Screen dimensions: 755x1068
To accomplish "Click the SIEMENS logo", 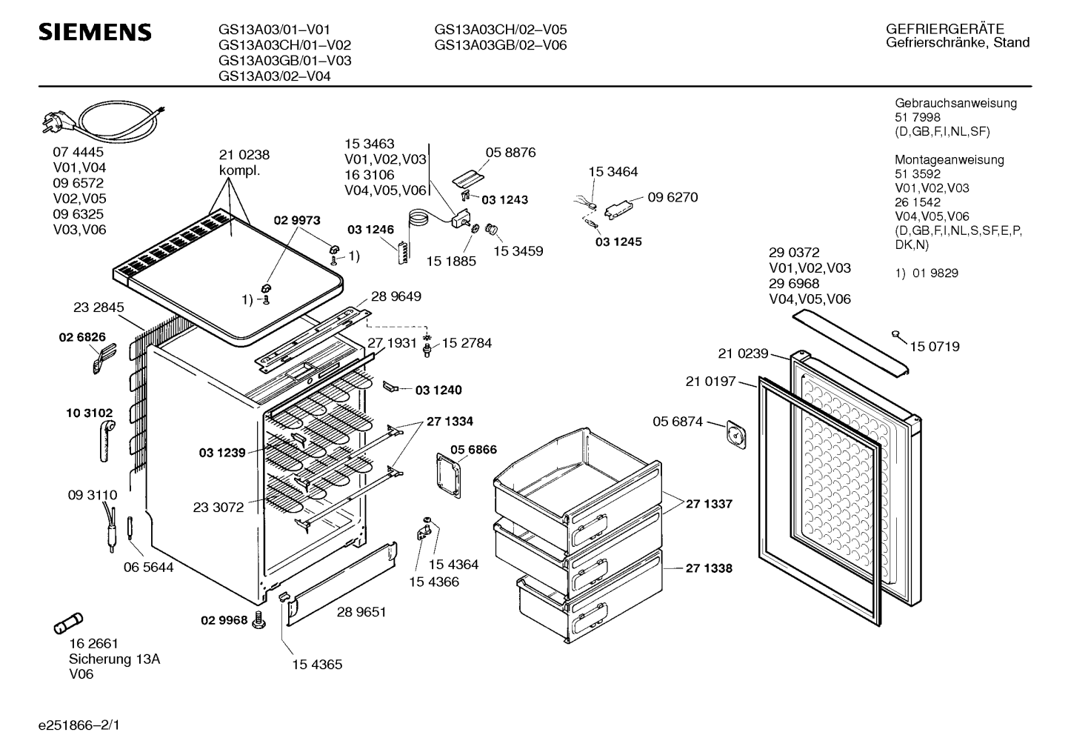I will (x=95, y=33).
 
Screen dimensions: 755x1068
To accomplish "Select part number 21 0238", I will (x=244, y=155).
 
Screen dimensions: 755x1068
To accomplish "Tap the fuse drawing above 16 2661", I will (x=70, y=623).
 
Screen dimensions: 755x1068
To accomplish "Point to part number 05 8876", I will (x=510, y=153).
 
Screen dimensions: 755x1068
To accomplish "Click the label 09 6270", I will (x=672, y=198).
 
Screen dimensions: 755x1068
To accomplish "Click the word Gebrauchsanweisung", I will (x=955, y=104).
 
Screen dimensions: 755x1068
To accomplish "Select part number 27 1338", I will (x=708, y=568).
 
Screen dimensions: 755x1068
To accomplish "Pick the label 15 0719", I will (x=935, y=347).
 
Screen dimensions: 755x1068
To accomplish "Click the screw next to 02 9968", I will (x=258, y=620).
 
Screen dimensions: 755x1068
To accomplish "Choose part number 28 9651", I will (x=361, y=612).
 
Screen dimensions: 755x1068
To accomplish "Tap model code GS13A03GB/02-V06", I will (x=501, y=45).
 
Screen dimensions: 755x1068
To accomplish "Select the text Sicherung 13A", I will (x=114, y=659).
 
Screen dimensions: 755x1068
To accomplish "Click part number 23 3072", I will (x=218, y=508).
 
